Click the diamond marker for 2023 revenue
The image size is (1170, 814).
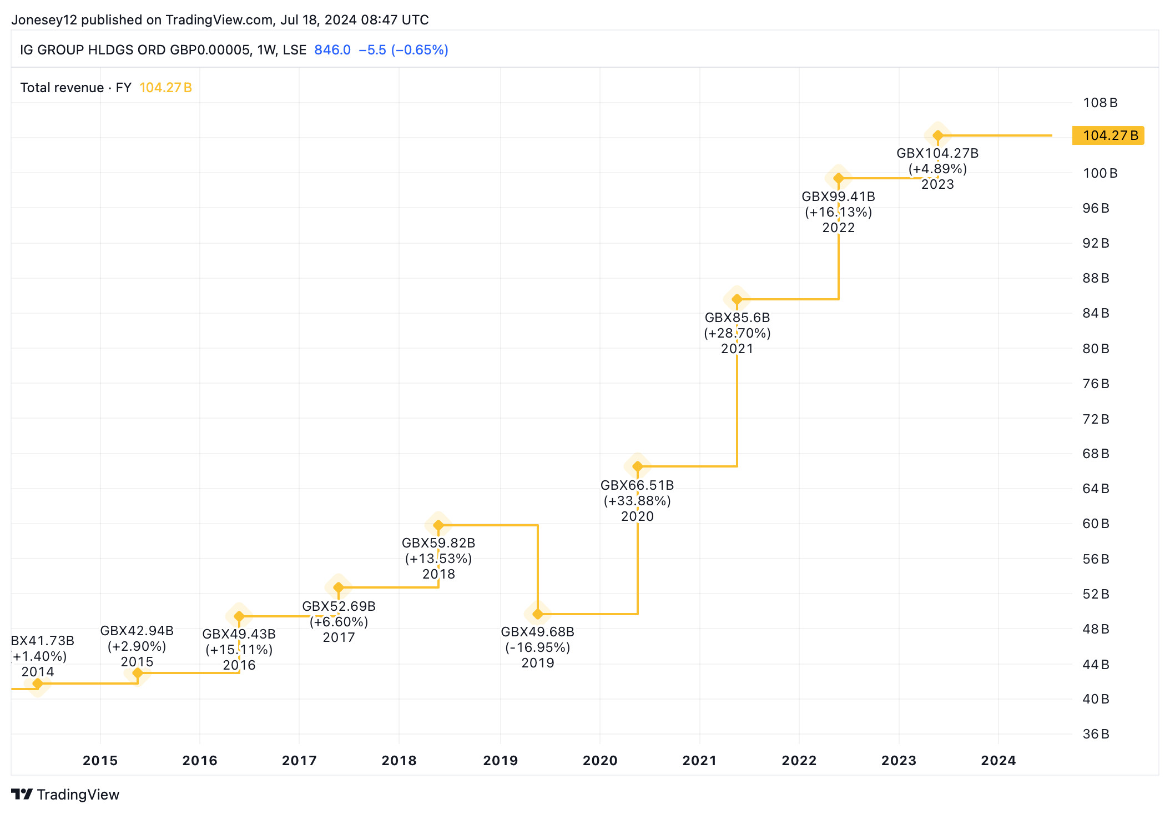(x=937, y=135)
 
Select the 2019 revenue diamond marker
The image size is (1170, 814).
(x=537, y=614)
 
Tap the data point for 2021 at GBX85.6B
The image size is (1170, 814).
(x=737, y=299)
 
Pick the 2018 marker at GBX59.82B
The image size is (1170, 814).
(x=438, y=525)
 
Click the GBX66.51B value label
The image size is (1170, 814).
(x=637, y=485)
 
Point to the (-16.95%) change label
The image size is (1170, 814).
(x=537, y=647)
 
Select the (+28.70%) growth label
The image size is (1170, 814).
(x=737, y=333)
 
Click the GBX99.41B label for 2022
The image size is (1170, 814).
(x=838, y=197)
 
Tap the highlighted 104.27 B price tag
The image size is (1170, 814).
(x=1108, y=135)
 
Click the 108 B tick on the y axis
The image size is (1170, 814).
(x=1100, y=103)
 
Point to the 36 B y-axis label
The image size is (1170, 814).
(x=1096, y=734)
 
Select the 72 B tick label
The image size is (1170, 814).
(x=1096, y=419)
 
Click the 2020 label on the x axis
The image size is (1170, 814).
(x=600, y=761)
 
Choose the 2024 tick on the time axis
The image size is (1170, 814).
(x=998, y=761)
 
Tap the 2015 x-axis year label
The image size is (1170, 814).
(x=100, y=761)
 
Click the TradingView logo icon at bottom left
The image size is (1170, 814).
(x=22, y=795)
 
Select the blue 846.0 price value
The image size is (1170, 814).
(x=332, y=50)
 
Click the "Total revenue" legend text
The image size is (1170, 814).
(x=62, y=88)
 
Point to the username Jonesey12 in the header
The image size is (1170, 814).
(x=44, y=20)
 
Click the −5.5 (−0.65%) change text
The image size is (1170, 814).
(x=404, y=50)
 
